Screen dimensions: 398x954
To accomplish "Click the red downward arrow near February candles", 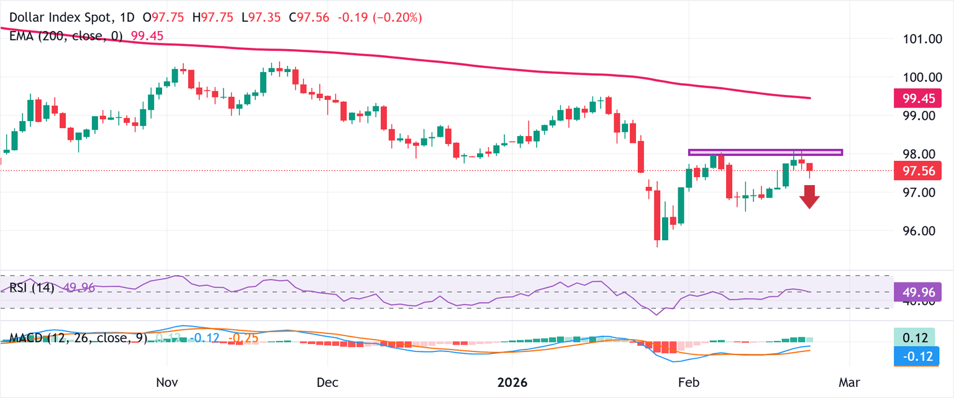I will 809,197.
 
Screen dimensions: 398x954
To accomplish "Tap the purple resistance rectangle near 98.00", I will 765,152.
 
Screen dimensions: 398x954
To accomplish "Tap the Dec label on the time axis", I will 327,382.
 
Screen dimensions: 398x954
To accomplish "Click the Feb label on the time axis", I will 689,382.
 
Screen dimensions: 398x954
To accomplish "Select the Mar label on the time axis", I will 848,382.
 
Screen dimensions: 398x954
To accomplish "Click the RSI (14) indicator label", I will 32,288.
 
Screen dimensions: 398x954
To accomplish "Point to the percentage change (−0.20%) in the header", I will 397,18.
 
